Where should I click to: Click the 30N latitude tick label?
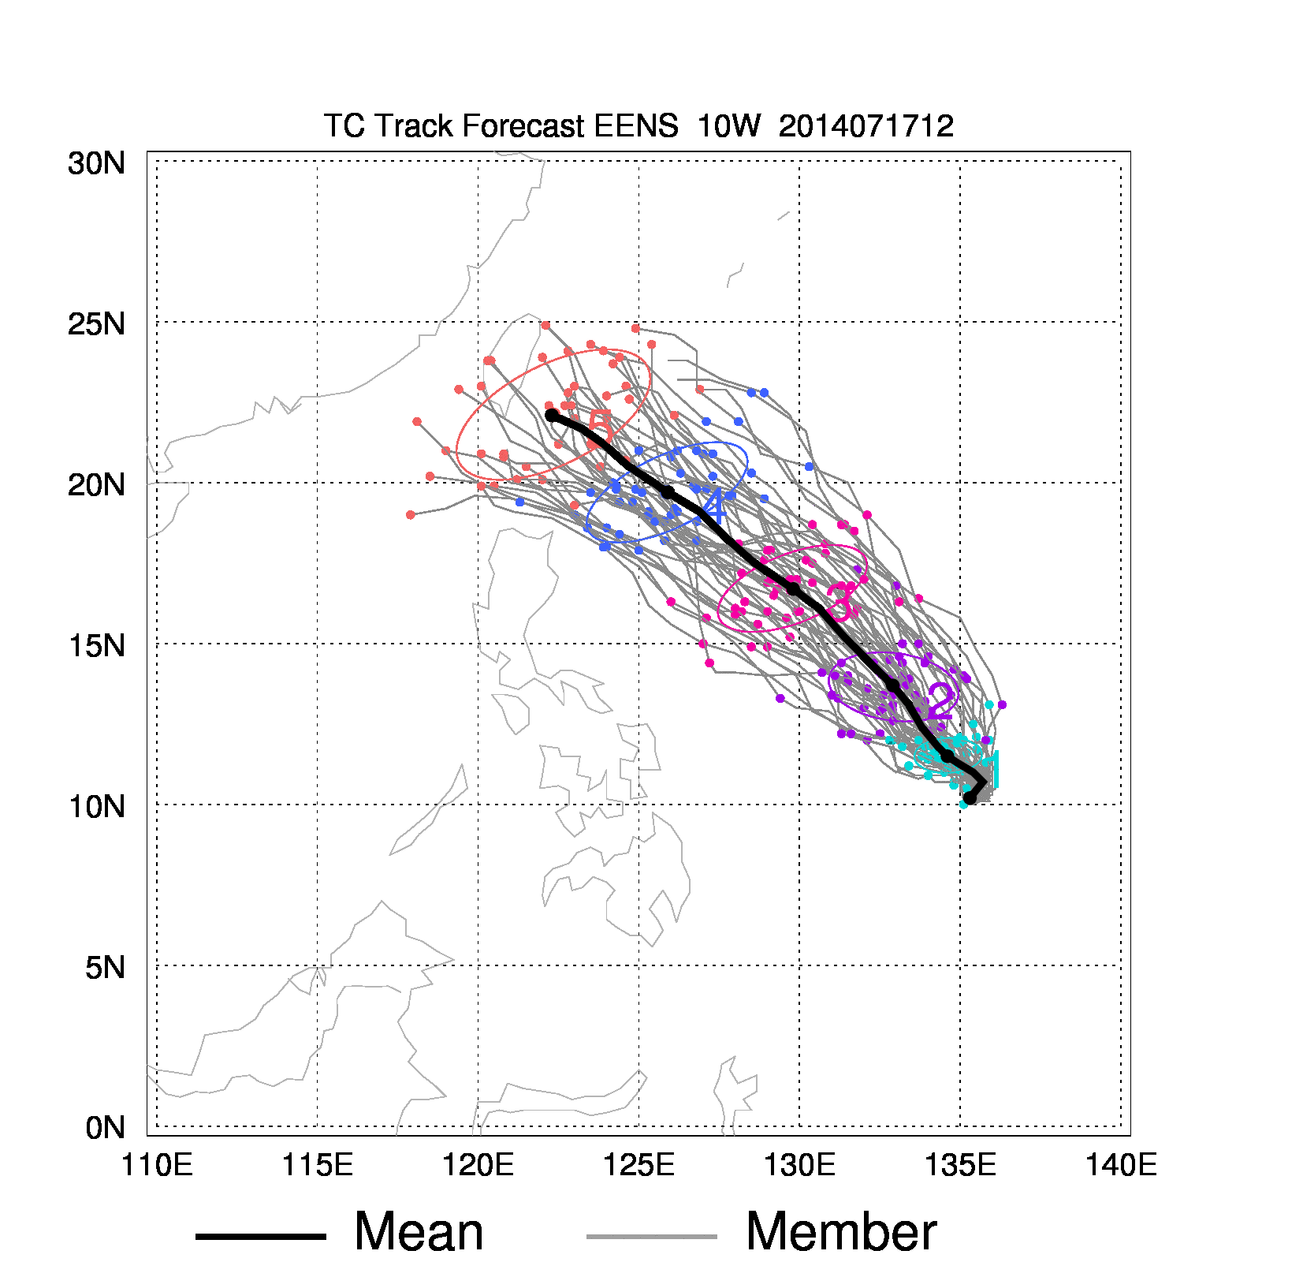96,163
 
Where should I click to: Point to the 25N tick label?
96,324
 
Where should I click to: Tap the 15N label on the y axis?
96,646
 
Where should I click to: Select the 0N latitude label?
105,1128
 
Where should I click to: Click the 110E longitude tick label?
157,1165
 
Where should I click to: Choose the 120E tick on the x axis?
478,1165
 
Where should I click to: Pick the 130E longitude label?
799,1165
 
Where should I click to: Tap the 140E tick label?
1121,1165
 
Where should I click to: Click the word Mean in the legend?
419,1232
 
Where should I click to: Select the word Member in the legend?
841,1232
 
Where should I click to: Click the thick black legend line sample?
260,1236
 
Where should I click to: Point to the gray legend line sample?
651,1236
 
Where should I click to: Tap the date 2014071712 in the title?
866,126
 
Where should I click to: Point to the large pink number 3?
840,603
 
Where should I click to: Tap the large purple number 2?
941,700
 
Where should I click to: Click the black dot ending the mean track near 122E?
552,415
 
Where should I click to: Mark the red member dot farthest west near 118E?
411,515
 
